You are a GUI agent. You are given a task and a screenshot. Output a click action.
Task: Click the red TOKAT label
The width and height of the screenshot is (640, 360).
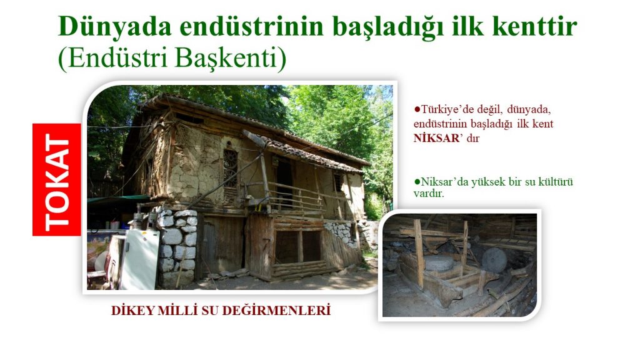(x=57, y=179)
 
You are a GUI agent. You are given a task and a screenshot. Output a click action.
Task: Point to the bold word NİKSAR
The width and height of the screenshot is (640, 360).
(x=437, y=138)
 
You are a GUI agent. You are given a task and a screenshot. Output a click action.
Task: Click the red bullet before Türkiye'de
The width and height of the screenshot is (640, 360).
(x=417, y=109)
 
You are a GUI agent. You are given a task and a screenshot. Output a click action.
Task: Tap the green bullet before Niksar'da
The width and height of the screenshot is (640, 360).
(x=417, y=181)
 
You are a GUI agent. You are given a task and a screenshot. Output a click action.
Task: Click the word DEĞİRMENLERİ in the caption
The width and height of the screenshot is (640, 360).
(x=277, y=311)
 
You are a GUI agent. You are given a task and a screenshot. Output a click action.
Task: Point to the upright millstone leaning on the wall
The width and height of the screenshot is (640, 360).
(x=494, y=259)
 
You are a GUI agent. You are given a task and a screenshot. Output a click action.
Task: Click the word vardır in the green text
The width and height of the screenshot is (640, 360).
(x=429, y=193)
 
